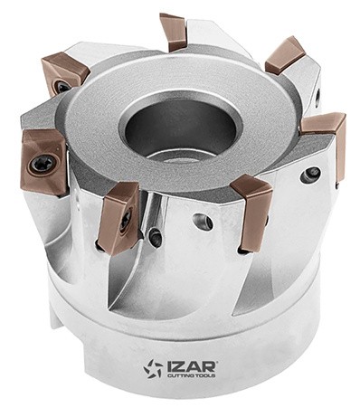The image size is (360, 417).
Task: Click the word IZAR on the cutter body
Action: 191,366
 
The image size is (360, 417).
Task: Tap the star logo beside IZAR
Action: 153,368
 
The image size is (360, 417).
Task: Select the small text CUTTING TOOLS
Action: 191,375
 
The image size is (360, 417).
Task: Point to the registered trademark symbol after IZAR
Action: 216,362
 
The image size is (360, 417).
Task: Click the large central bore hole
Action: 180,129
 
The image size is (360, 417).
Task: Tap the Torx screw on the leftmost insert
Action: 42,164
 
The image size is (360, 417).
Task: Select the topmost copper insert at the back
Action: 173,32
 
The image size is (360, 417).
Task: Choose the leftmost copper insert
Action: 43,162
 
